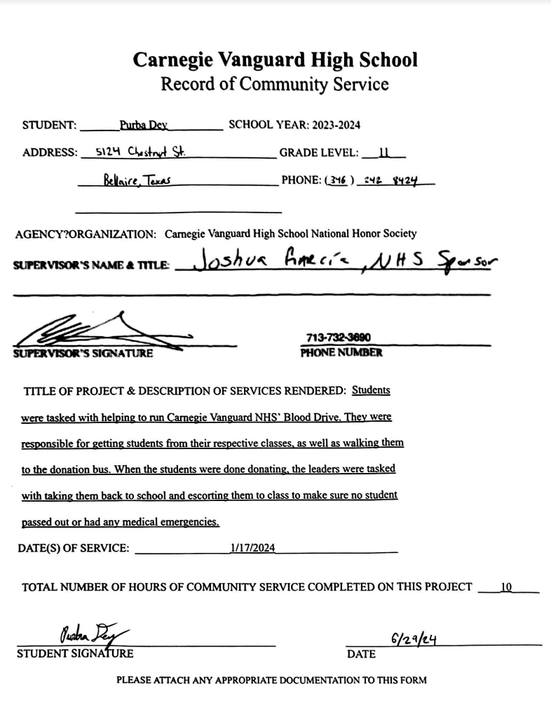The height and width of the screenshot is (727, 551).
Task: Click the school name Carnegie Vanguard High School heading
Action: (275, 60)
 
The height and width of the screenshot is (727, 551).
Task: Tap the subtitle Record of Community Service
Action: (275, 84)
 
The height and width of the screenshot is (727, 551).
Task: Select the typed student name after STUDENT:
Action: (144, 126)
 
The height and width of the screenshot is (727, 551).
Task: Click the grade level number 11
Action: (383, 152)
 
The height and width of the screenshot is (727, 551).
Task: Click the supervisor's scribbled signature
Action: (105, 333)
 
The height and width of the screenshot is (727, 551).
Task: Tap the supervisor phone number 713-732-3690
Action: (338, 338)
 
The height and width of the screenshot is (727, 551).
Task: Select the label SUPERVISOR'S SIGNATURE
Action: (83, 353)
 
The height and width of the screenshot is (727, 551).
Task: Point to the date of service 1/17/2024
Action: (252, 548)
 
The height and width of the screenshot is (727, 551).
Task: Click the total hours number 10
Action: (507, 587)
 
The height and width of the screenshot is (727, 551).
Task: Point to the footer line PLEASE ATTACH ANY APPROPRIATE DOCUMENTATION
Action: (271, 680)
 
